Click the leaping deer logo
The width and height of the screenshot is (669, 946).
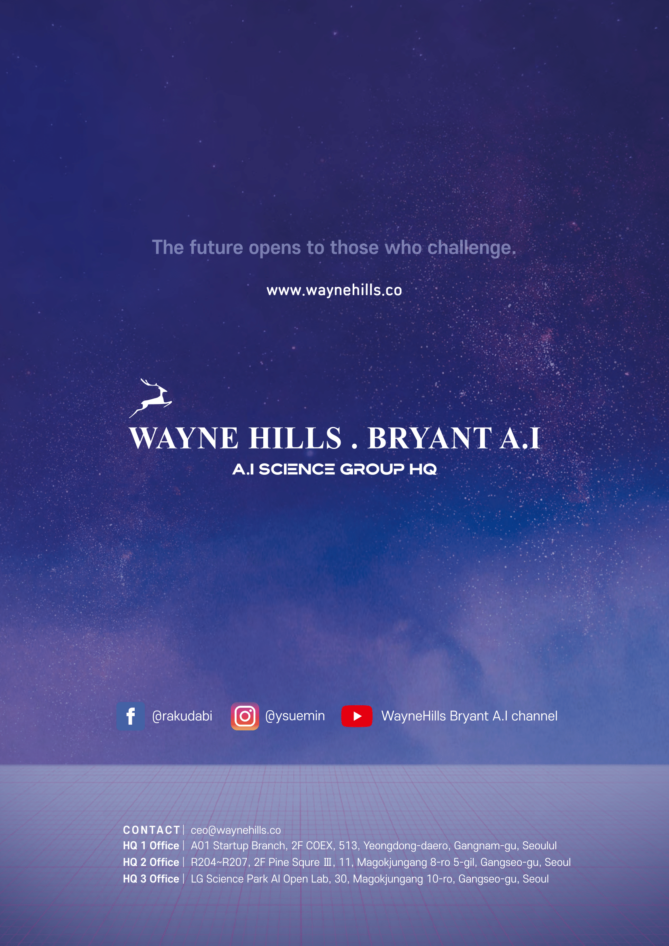150,398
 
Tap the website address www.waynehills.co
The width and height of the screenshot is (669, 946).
334,290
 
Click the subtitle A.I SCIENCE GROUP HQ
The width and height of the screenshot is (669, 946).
334,469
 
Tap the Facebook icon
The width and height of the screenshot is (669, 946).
131,716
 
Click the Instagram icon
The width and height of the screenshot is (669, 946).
245,716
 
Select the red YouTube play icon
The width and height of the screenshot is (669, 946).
357,716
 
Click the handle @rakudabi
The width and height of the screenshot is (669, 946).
182,716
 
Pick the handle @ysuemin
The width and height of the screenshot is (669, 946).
295,716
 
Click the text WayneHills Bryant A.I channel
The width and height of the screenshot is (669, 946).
469,716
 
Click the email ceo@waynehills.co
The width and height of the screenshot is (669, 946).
236,830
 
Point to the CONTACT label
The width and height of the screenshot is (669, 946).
152,830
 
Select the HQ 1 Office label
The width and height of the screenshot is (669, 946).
151,846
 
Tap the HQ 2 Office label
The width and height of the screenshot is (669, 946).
151,862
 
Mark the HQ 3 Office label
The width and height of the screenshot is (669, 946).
151,879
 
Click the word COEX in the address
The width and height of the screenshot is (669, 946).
320,846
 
